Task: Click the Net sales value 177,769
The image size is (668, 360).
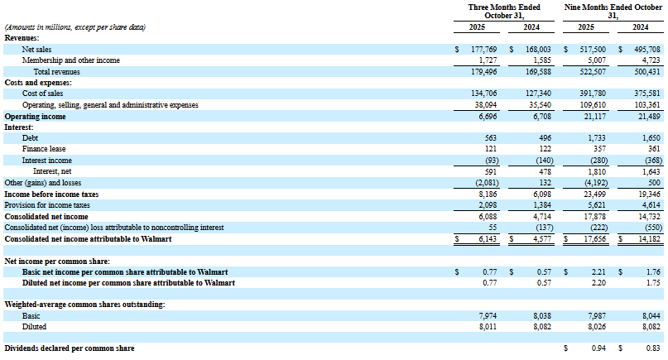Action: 482,50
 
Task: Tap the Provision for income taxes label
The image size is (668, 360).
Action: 48,204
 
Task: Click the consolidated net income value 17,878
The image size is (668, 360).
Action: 589,215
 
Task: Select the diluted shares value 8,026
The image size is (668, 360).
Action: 591,326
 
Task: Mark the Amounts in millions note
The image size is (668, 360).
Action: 75,27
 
